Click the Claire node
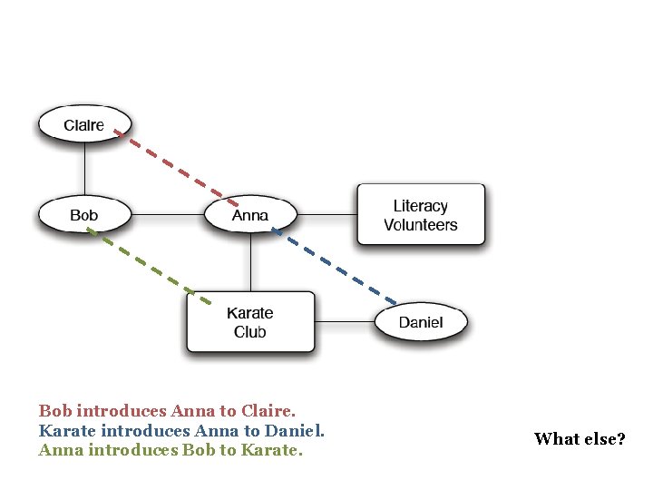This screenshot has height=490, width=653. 84,124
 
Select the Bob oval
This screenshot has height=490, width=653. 84,215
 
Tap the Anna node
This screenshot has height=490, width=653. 250,215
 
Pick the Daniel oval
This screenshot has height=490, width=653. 421,322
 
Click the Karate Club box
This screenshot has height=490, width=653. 250,322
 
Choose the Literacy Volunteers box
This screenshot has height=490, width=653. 421,215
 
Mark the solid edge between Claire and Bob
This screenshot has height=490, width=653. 84,169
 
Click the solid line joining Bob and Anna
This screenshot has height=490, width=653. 168,215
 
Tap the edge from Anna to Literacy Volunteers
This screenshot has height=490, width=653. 326,215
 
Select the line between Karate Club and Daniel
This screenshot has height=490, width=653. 345,322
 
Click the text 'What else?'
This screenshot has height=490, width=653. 580,439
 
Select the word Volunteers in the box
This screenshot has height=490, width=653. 421,225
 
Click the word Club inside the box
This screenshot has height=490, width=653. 250,332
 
